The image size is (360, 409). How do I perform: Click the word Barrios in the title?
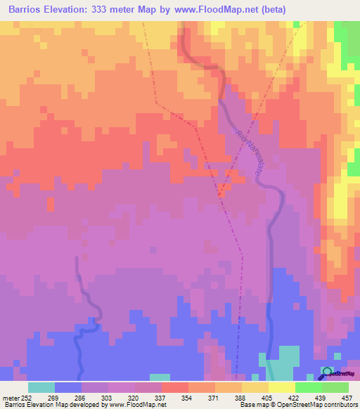[x=28, y=11]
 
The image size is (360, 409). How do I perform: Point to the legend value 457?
[x=347, y=397]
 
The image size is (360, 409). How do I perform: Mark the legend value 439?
[x=311, y=397]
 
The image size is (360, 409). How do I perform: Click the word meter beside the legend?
[x=11, y=397]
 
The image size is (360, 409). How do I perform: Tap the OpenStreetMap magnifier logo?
[x=327, y=372]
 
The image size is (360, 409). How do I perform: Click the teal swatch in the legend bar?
[x=41, y=387]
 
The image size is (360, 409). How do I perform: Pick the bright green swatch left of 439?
[x=308, y=387]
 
